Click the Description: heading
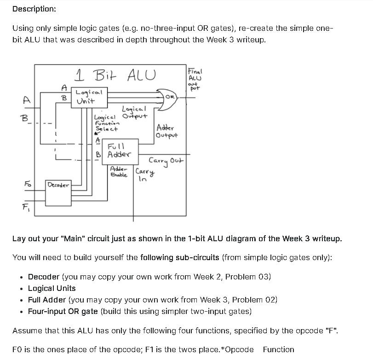[34, 9]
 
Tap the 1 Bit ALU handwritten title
[115, 74]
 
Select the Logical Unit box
[89, 97]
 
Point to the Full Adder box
[119, 151]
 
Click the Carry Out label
[166, 161]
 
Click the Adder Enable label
[119, 172]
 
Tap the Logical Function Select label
[107, 122]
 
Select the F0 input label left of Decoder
[27, 184]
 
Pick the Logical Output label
[134, 112]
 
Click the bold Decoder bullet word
[44, 277]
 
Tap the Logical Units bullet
[52, 288]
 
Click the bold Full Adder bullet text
[47, 300]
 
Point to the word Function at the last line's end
[278, 349]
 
